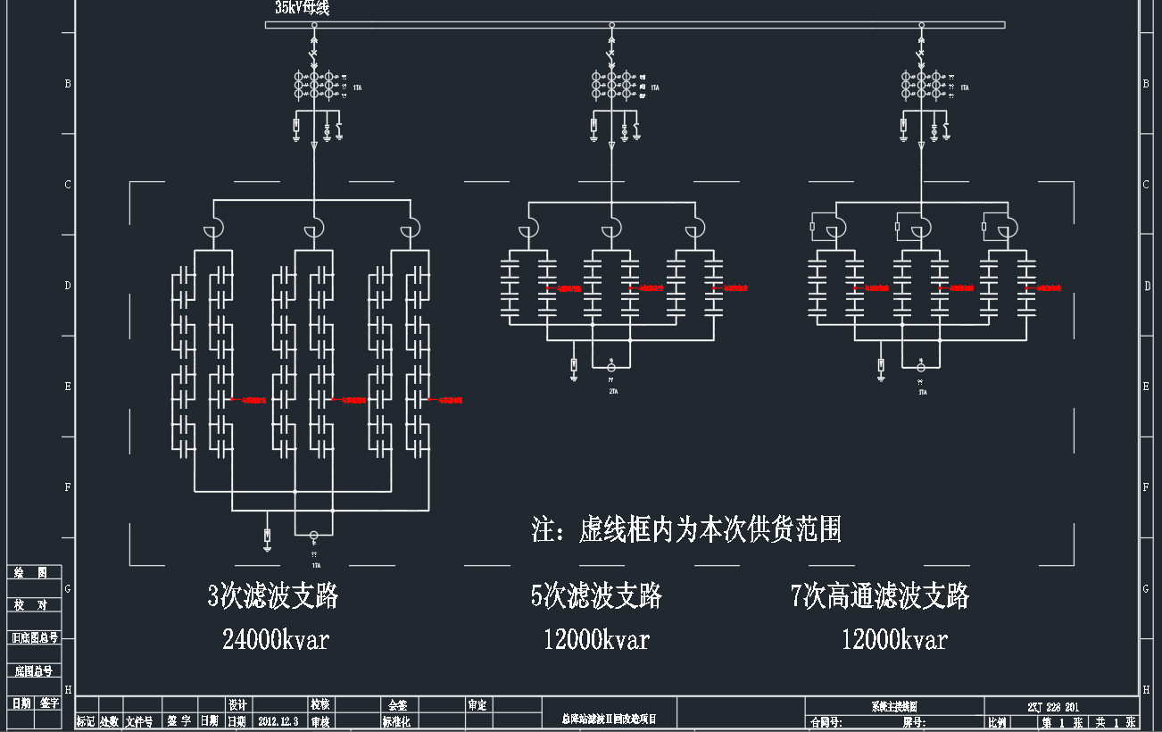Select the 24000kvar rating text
click(276, 639)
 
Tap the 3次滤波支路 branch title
click(273, 595)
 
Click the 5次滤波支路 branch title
click(596, 595)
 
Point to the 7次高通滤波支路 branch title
click(880, 595)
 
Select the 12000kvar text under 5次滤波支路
click(596, 639)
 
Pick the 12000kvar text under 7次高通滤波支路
click(894, 639)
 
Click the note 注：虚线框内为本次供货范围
click(686, 529)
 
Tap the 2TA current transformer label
click(613, 391)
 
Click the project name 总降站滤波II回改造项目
click(610, 719)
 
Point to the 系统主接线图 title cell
click(893, 706)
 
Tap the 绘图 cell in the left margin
click(36, 572)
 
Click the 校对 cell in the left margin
click(36, 605)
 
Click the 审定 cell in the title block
click(477, 705)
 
